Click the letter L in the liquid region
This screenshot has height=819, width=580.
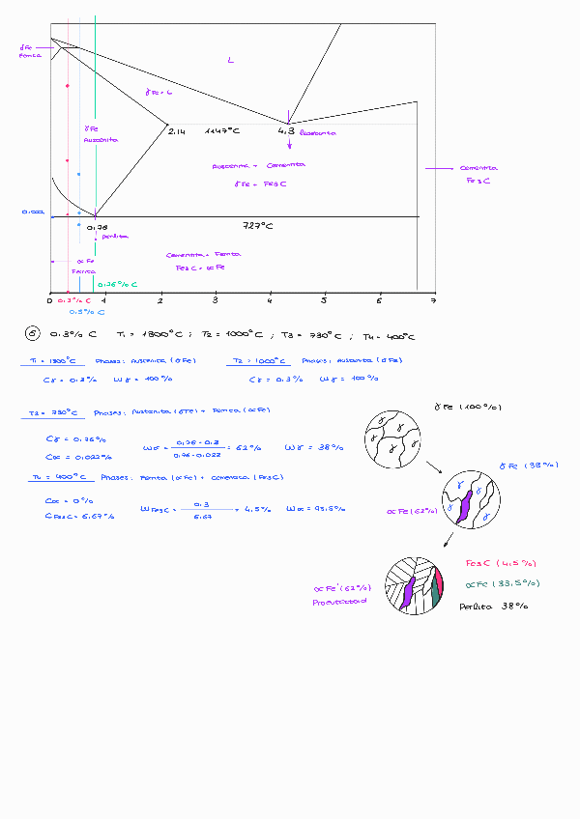[230, 61]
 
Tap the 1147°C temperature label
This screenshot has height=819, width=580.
[222, 130]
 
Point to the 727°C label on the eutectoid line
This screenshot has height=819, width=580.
[258, 225]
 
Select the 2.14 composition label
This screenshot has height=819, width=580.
[176, 130]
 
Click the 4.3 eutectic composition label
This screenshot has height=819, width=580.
[285, 130]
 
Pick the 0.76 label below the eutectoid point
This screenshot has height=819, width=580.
[97, 227]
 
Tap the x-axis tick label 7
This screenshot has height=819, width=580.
[434, 300]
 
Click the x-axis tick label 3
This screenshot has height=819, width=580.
[215, 300]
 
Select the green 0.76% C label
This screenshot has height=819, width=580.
[117, 285]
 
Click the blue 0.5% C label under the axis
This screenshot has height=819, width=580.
[87, 313]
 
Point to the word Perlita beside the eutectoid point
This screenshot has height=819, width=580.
[115, 236]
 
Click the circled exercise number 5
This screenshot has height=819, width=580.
[33, 335]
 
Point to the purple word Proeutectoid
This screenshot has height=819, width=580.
[339, 601]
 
